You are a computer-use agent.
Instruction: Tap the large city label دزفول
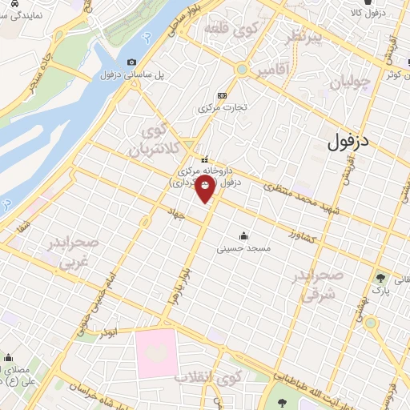pos(351,142)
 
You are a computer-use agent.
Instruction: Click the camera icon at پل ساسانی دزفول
pos(131,62)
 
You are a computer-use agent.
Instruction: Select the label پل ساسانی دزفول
pos(132,74)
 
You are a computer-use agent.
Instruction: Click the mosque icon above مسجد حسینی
pos(244,236)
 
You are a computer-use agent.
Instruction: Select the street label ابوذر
pos(117,329)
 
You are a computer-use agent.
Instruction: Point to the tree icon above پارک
pos(380,279)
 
